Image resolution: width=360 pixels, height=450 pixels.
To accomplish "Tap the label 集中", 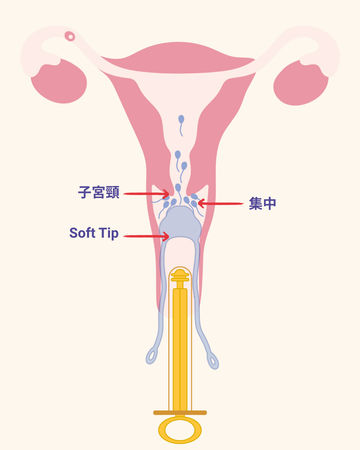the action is tap(263, 203).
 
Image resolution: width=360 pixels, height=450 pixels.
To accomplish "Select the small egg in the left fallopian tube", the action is tap(70, 37).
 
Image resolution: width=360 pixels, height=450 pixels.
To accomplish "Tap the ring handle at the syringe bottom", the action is tap(180, 430).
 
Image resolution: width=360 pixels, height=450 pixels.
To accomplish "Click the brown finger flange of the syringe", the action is tap(180, 411).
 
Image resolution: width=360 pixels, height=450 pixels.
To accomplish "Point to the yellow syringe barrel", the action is tap(180, 340).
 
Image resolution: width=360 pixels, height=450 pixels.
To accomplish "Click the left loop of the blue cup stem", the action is tap(151, 354).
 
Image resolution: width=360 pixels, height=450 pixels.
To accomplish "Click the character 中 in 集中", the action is tap(270, 203).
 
